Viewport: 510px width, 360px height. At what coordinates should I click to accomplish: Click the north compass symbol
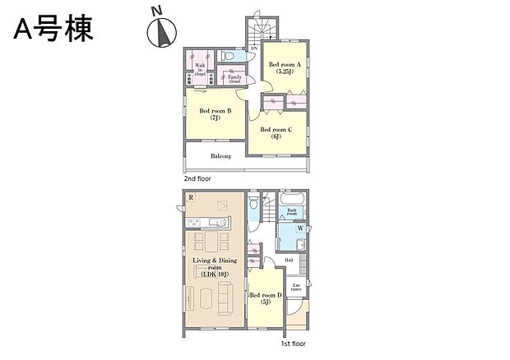pos(161,30)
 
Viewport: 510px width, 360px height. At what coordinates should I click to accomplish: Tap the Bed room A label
pos(285,67)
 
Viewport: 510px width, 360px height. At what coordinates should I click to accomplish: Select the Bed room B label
pos(214,113)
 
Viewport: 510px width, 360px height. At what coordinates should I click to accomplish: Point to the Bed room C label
pos(276,132)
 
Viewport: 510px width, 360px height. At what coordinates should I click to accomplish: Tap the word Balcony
pos(220,156)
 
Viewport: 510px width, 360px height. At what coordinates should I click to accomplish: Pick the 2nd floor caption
pos(198,178)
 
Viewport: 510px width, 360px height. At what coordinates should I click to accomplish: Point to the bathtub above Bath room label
pos(292,200)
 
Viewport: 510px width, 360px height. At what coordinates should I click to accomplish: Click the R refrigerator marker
pos(191,198)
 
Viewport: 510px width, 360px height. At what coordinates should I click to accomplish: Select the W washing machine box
pos(301,228)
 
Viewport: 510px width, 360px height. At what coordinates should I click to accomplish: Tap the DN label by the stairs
pos(253,48)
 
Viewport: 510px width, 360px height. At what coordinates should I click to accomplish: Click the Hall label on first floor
pos(290,261)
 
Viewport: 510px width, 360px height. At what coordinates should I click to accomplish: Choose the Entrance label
pos(296,287)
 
